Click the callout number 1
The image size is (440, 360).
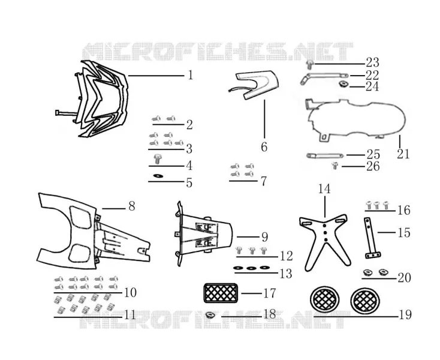point(191,75)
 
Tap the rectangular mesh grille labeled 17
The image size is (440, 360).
point(221,293)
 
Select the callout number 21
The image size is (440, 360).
point(403,154)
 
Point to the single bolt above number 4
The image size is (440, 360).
point(157,159)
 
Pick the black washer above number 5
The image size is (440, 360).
point(158,176)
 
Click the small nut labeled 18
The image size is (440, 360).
point(210,315)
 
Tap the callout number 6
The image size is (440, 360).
point(264,147)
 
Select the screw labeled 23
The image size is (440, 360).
point(309,65)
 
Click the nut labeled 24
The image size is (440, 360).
point(342,84)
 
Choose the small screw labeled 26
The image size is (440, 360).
point(334,166)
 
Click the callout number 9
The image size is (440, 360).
point(264,237)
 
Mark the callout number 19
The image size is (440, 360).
point(405,315)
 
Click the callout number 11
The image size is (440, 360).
point(129,315)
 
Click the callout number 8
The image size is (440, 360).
point(132,206)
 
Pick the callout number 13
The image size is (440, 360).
point(286,274)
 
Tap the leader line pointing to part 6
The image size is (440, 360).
point(264,119)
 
